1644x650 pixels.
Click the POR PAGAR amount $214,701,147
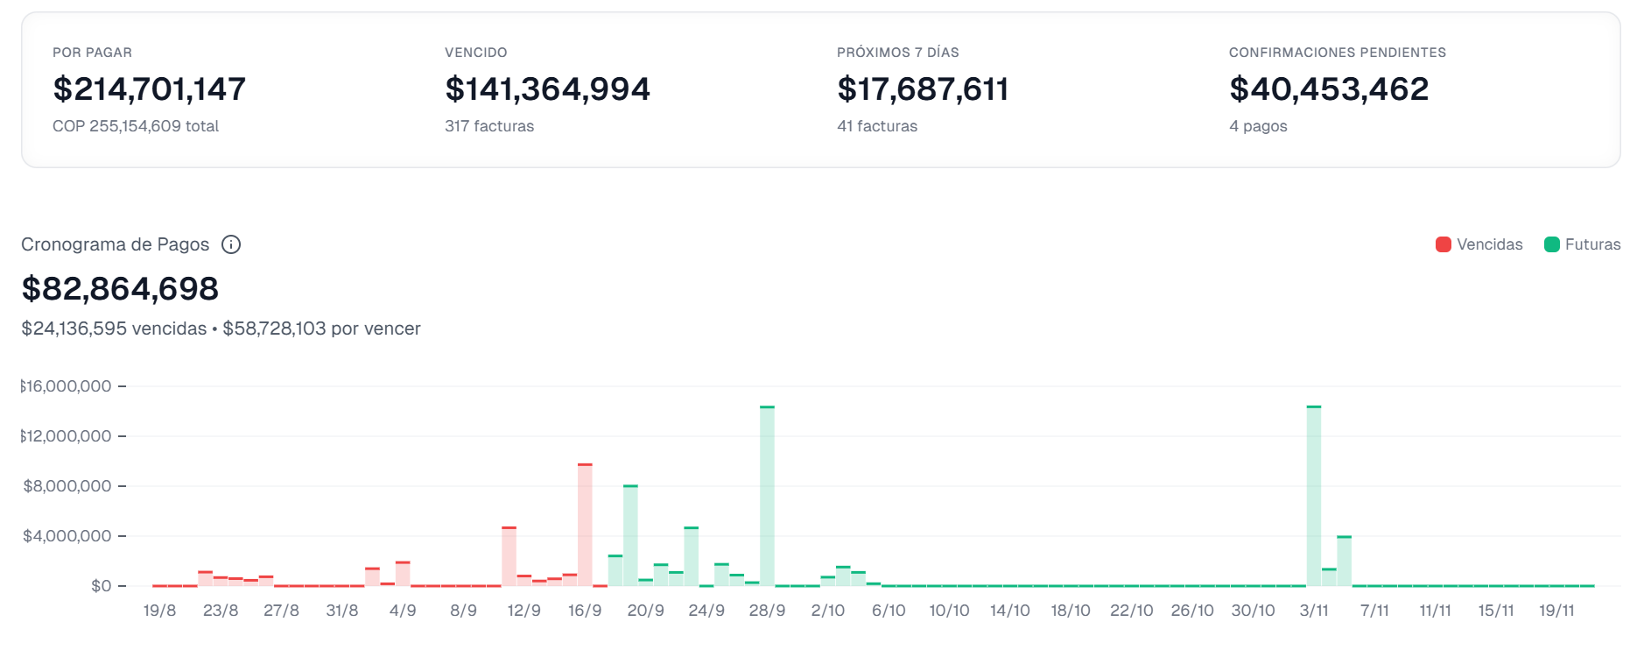point(149,89)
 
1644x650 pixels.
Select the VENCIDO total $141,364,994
point(547,89)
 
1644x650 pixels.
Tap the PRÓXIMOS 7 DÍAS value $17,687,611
point(923,89)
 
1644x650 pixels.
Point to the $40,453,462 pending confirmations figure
point(1328,89)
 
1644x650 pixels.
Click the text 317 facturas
point(488,126)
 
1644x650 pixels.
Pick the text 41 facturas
point(876,126)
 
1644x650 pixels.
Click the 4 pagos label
point(1257,126)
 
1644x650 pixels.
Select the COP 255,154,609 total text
point(136,126)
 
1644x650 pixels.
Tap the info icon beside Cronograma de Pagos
point(231,244)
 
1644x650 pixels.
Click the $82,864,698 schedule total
point(120,289)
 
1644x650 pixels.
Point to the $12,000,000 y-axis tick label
point(67,436)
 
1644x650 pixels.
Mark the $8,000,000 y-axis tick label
point(67,486)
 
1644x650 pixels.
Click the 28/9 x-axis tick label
point(767,611)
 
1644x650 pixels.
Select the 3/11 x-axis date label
point(1313,611)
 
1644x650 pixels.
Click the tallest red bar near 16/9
point(585,526)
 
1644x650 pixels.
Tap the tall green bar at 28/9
point(767,496)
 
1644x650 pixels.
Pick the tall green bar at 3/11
point(1313,496)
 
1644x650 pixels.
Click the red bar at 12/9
point(509,556)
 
